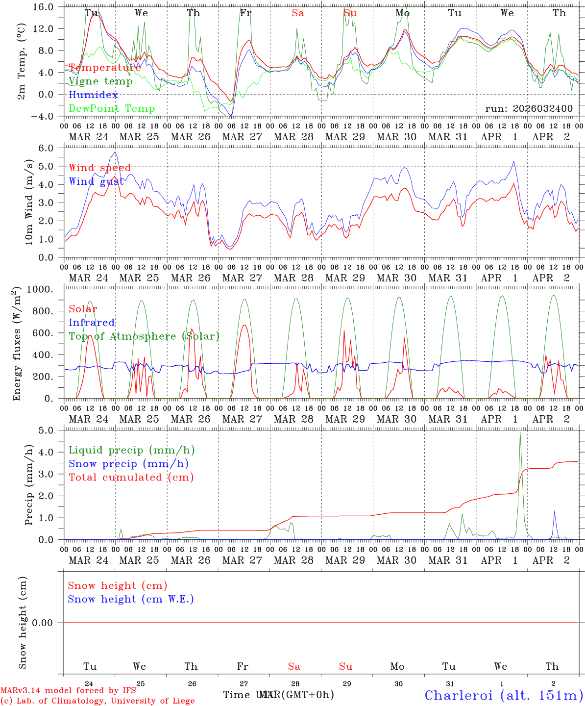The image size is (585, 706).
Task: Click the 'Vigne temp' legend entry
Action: click(100, 81)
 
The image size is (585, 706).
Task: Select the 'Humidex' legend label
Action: click(93, 95)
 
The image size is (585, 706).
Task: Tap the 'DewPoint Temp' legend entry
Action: click(112, 109)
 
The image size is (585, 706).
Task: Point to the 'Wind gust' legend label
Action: click(97, 181)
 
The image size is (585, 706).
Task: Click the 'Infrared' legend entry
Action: click(92, 323)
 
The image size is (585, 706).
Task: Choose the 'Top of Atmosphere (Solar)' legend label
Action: click(144, 336)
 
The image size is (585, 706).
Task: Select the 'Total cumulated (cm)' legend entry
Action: click(131, 478)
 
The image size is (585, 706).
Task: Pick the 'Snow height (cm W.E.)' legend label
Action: click(131, 599)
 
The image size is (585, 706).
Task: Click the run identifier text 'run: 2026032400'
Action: click(529, 109)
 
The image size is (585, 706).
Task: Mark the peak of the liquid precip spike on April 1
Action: click(520, 431)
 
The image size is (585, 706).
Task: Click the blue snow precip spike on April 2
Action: click(555, 511)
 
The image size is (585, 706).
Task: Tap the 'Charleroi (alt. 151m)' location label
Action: click(504, 695)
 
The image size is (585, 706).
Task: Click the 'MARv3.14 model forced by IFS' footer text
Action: click(68, 691)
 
